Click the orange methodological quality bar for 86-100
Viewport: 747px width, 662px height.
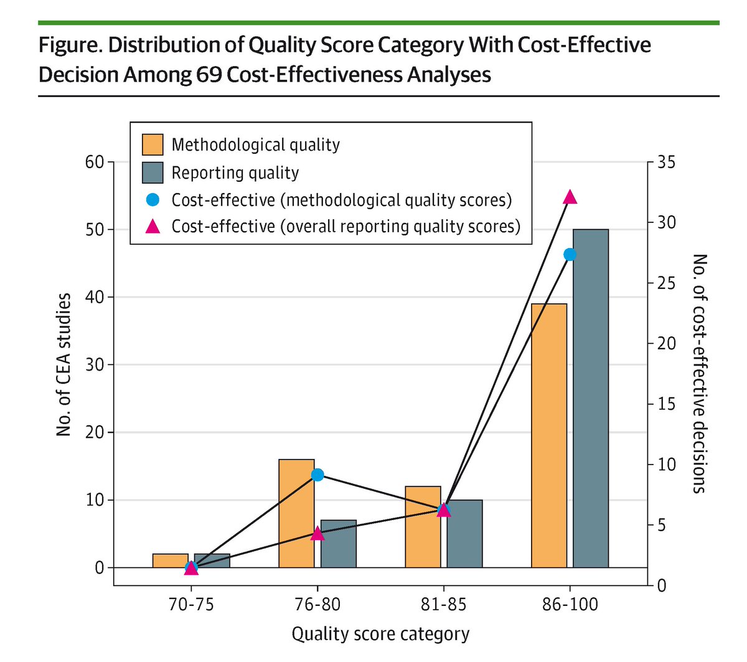(x=549, y=435)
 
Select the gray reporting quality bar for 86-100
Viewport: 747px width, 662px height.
(x=591, y=399)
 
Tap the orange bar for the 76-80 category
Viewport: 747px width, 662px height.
(x=296, y=513)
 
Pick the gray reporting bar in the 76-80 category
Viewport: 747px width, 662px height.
(x=339, y=544)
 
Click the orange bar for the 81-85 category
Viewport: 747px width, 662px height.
(x=423, y=527)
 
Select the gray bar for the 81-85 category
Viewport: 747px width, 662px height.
(x=464, y=534)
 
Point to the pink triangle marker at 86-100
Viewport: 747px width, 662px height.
(x=570, y=197)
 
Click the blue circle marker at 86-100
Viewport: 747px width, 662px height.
(x=570, y=254)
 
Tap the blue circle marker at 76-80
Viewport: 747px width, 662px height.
(x=317, y=475)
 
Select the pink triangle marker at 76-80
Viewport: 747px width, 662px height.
(x=317, y=533)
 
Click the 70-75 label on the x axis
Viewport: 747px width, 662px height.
(x=191, y=604)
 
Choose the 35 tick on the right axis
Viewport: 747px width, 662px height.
(x=665, y=163)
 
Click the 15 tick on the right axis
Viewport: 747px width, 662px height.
(x=665, y=404)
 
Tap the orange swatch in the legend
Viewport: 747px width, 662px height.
(x=153, y=144)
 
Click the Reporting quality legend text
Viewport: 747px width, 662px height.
(x=235, y=173)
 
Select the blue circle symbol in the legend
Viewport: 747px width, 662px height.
(x=153, y=200)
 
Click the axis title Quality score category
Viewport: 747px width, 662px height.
(x=380, y=634)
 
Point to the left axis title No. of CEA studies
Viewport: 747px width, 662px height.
(x=63, y=364)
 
